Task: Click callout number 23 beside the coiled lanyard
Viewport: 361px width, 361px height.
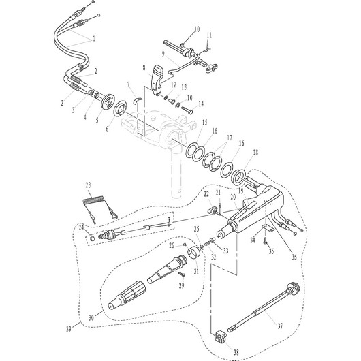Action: pos(88,185)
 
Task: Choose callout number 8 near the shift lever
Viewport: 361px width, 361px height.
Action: pos(144,69)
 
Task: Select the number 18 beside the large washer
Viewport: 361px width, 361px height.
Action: pos(255,153)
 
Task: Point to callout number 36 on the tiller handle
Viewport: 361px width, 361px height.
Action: pos(294,257)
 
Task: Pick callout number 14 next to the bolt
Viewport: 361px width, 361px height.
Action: pos(200,104)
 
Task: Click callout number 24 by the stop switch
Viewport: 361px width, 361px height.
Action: pos(81,227)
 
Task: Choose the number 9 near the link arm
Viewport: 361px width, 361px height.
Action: pos(164,53)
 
